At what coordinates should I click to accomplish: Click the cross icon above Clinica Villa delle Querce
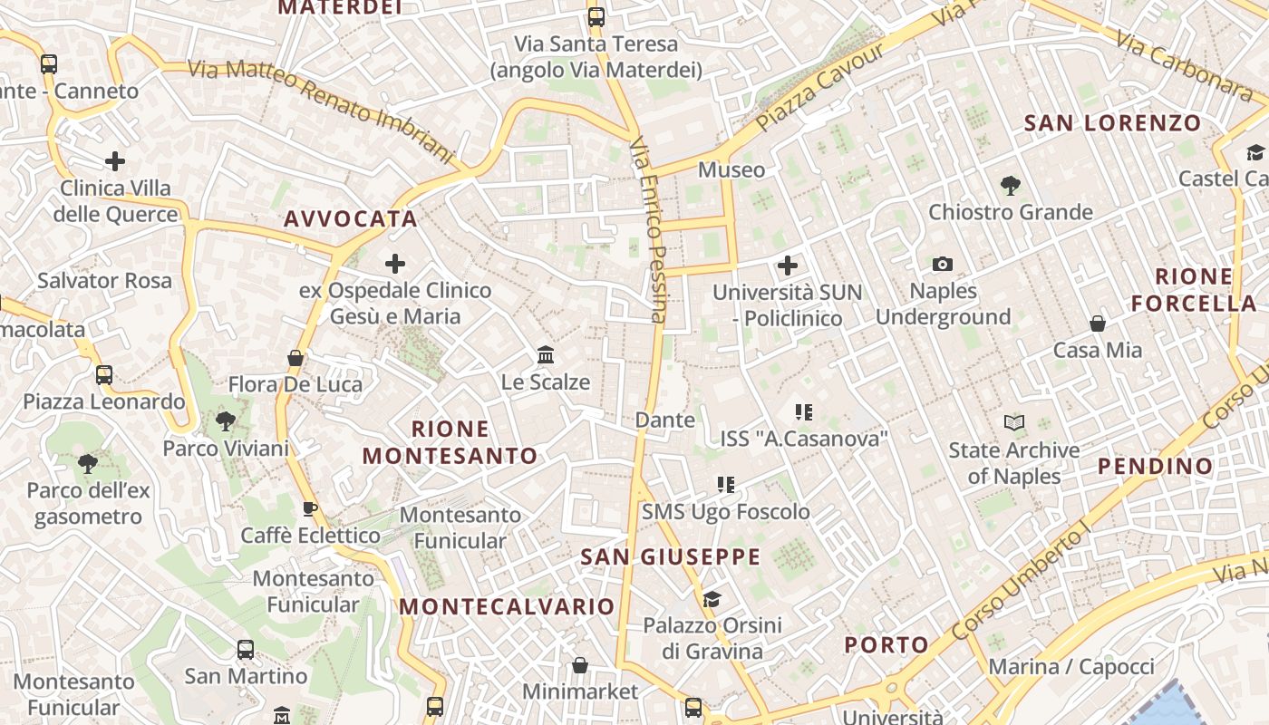click(x=115, y=162)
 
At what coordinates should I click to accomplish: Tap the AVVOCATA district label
click(x=351, y=218)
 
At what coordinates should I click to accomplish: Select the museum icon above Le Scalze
click(x=546, y=354)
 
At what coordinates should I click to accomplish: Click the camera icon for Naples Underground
click(x=943, y=265)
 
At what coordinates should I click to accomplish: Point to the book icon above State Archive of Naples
click(x=1013, y=422)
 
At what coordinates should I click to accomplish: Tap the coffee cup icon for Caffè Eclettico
click(x=309, y=508)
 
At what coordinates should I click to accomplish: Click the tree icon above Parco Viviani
click(x=225, y=420)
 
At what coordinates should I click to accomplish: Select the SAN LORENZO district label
click(x=1112, y=123)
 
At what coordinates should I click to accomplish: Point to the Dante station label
click(x=665, y=420)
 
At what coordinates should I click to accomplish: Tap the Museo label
click(x=731, y=169)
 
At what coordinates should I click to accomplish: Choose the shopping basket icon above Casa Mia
click(x=1097, y=324)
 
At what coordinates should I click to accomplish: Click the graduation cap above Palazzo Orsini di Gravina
click(x=712, y=599)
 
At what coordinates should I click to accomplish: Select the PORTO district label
click(x=886, y=645)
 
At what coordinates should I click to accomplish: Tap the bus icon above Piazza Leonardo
click(x=104, y=374)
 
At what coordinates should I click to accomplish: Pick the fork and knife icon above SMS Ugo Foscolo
click(x=725, y=485)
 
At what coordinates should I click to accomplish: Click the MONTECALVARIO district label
click(x=507, y=607)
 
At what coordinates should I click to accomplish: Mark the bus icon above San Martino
click(x=246, y=650)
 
